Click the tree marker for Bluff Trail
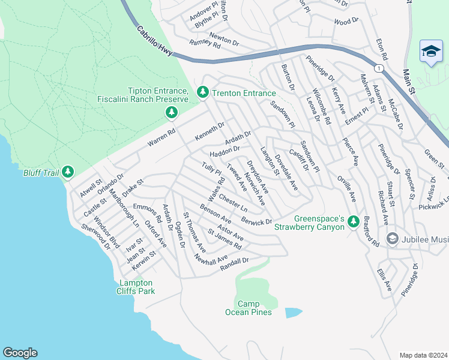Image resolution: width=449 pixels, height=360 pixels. point(67,173)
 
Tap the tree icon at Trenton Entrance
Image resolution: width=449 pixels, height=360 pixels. point(203,92)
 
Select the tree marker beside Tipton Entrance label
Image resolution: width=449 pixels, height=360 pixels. point(172,112)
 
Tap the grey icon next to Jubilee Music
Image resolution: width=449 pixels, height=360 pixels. point(393,239)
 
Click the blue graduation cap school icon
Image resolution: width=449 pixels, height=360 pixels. point(431,52)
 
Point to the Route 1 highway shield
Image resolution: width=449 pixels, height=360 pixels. point(378,69)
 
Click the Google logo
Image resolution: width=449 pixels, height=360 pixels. point(20,353)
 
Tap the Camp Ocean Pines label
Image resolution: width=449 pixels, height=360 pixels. point(248,308)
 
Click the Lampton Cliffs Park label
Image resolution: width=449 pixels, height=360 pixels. point(136,287)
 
